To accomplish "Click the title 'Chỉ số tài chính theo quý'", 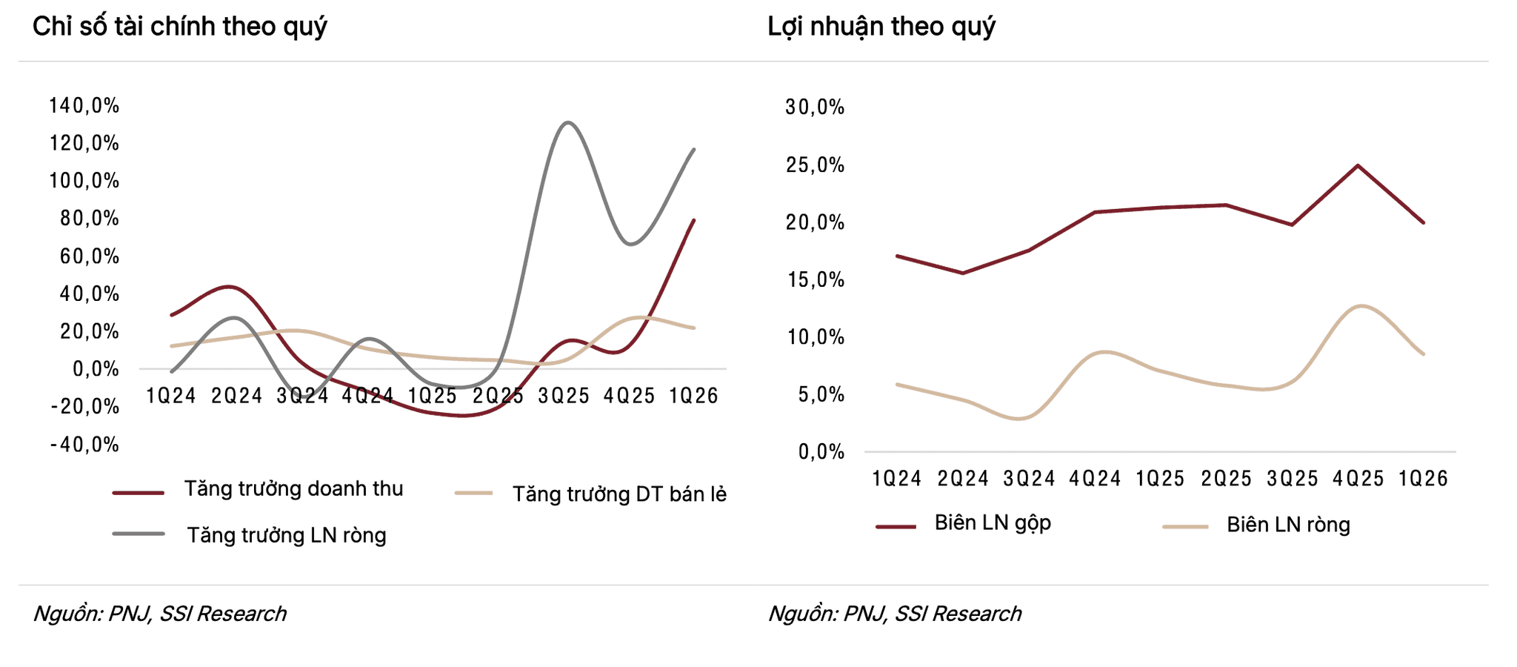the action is pos(180,27).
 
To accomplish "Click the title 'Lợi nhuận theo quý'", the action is pos(881,27).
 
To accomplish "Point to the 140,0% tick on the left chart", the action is pos(84,105).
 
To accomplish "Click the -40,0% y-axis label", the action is pos(84,445).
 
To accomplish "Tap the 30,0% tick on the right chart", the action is pos(815,107).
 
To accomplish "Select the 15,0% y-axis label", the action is pos(815,280).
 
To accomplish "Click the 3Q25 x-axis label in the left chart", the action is pos(564,396).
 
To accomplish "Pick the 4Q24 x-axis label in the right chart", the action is pos(1095,479).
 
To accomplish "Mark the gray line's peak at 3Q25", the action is pos(567,123).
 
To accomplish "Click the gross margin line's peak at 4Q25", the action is pos(1358,165).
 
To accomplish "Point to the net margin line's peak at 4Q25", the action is pos(1361,306).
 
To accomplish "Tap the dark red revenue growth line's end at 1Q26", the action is pos(694,220).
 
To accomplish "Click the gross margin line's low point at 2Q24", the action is pos(963,273).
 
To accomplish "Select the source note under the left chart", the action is pos(160,614).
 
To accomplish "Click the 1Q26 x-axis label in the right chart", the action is pos(1423,479).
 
